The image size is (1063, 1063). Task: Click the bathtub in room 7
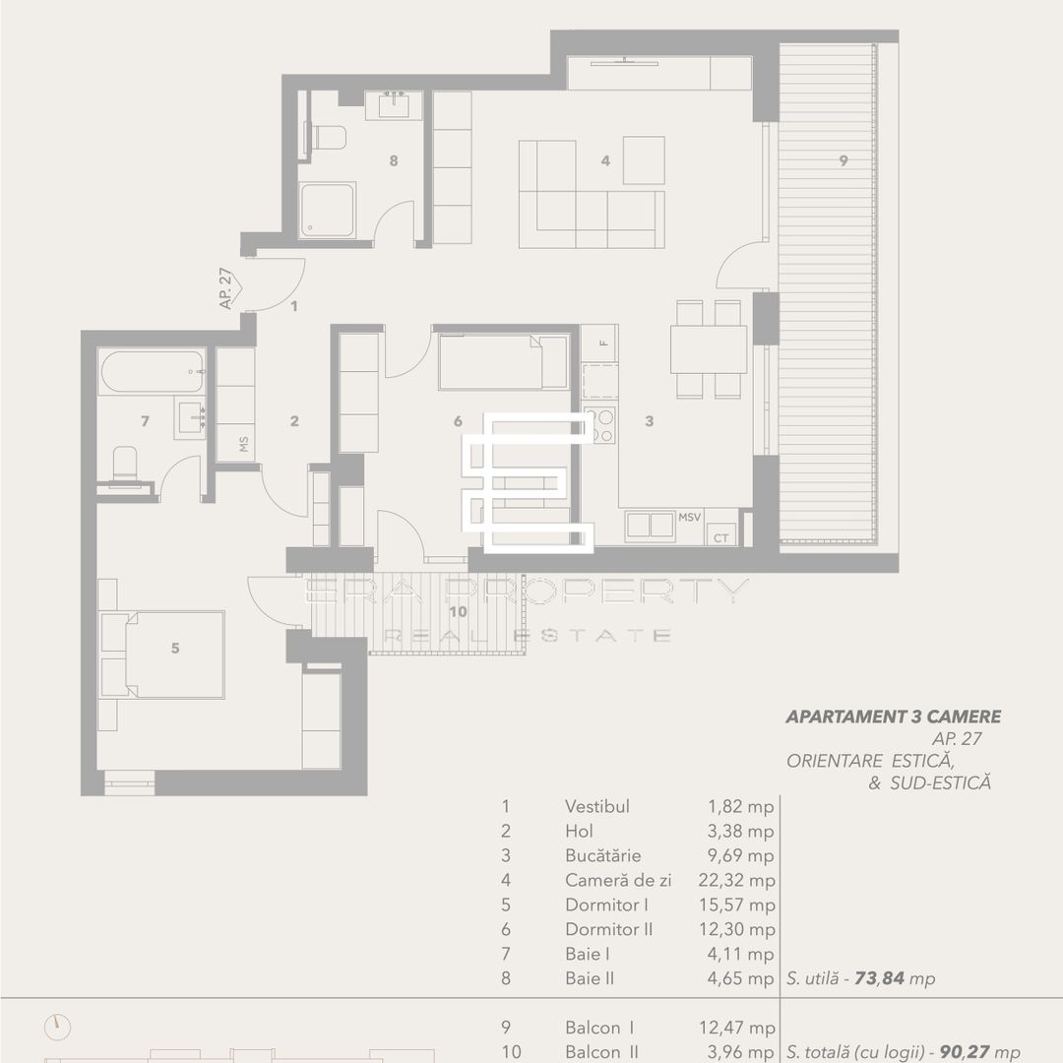point(152,372)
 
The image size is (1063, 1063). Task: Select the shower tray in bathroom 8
point(327,211)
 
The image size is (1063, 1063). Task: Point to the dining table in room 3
point(709,348)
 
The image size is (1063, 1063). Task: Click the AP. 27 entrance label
point(227,287)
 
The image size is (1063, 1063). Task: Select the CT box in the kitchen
point(721,536)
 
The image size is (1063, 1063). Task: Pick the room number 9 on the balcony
point(844,161)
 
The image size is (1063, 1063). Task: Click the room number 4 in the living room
point(605,160)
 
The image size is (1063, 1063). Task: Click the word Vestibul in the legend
point(596,806)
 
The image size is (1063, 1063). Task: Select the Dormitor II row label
point(608,929)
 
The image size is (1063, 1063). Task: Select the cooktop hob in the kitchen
point(599,424)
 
